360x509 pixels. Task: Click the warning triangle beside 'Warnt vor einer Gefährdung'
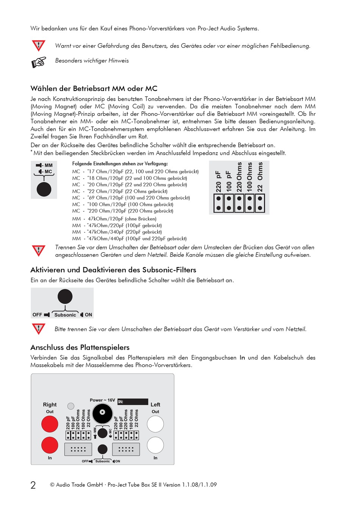[x=39, y=45]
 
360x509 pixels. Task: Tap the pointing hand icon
[x=39, y=62]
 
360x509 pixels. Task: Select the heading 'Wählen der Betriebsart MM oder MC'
[x=94, y=89]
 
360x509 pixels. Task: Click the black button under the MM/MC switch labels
[x=44, y=189]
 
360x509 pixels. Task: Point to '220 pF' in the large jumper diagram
[x=219, y=181]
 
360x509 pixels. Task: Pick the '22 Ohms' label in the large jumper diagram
[x=260, y=177]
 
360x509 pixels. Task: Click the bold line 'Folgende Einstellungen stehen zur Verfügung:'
[x=120, y=164]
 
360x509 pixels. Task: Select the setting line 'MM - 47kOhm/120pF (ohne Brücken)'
[x=114, y=219]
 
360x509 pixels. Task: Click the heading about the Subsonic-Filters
[x=113, y=270]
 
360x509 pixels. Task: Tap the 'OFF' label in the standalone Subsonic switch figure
[x=37, y=315]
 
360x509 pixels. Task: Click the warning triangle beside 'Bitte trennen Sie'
[x=39, y=329]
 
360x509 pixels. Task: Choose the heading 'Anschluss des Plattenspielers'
[x=80, y=348]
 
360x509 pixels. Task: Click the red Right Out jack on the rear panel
[x=50, y=424]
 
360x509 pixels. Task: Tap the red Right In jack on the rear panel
[x=50, y=445]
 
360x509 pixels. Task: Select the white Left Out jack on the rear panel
[x=155, y=424]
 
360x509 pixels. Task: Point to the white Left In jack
[x=155, y=445]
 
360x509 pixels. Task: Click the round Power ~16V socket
[x=102, y=413]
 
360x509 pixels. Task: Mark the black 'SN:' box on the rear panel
[x=133, y=402]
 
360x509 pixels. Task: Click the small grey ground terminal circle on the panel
[x=70, y=406]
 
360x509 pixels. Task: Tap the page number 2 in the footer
[x=33, y=485]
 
